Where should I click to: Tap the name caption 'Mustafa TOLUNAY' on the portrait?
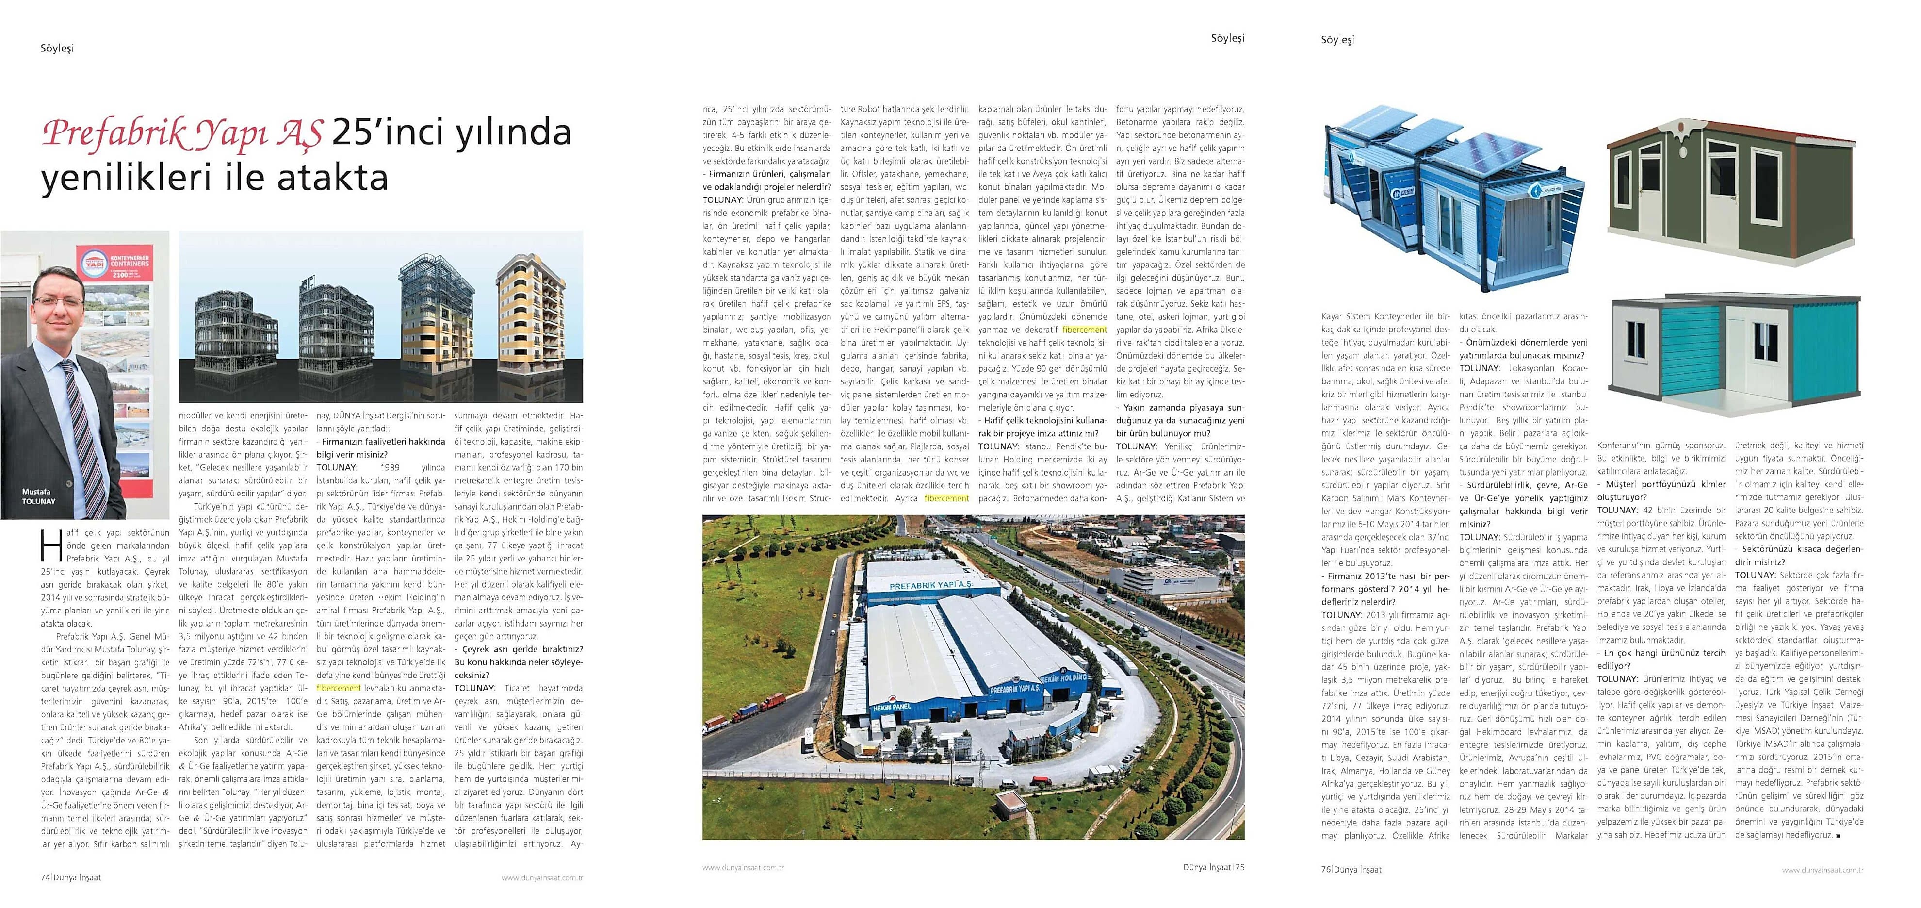point(38,497)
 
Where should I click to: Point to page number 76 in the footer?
point(1326,869)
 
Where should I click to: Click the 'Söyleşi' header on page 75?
point(1227,38)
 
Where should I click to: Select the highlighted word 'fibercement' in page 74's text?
point(339,688)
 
